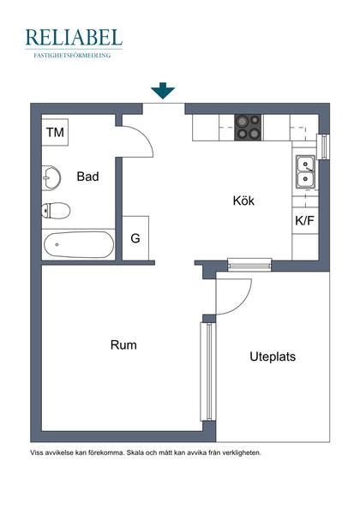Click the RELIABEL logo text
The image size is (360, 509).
[74, 37]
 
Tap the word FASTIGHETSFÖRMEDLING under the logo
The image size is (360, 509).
[74, 55]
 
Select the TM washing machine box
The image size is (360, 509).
[56, 133]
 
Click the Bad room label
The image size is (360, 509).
[87, 177]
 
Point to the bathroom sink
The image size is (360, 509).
[51, 177]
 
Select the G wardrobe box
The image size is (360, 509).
[135, 238]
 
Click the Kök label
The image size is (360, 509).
[244, 201]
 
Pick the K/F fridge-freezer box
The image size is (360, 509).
[304, 220]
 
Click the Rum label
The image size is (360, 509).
[123, 345]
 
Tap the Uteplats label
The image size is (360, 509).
[273, 356]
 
